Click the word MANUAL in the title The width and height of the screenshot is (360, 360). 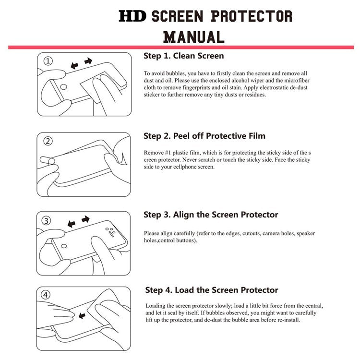coord(193,36)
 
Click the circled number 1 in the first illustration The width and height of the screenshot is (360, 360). coord(48,61)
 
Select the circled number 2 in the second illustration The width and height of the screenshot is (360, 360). coord(48,141)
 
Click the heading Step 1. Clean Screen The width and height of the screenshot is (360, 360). coord(183,56)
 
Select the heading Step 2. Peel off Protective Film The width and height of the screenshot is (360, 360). coord(204,136)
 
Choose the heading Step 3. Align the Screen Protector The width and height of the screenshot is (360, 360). coord(211,215)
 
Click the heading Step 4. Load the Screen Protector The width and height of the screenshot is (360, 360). coord(212,290)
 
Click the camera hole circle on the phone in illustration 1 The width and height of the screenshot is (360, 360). coord(62,88)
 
